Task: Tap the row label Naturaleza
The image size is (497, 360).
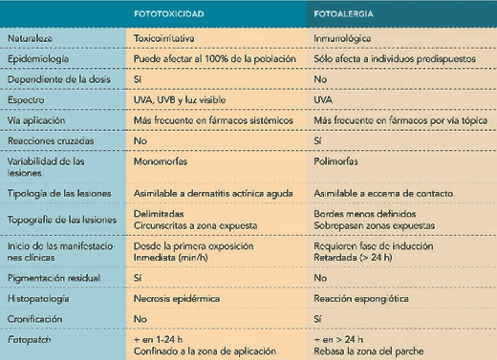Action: pyautogui.click(x=32, y=37)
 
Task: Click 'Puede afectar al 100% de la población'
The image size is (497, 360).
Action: pyautogui.click(x=216, y=57)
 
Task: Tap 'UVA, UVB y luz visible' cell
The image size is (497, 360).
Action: pyautogui.click(x=183, y=99)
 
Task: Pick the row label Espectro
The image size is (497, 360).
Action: pyautogui.click(x=26, y=99)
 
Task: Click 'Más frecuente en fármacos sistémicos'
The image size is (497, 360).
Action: pyautogui.click(x=213, y=119)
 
